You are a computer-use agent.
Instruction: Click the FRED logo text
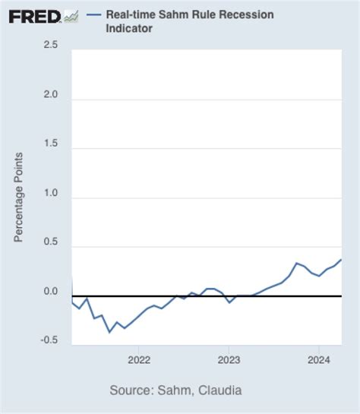tap(34, 15)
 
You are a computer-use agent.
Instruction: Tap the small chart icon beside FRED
tap(71, 15)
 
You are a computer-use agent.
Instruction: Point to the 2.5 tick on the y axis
tap(51, 46)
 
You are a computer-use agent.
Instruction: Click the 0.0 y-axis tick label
tap(51, 292)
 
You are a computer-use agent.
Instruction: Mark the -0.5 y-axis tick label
tap(49, 340)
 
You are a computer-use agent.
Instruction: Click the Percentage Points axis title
tap(19, 198)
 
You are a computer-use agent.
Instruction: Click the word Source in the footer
tap(131, 390)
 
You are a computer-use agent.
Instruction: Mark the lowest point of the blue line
tap(109, 332)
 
